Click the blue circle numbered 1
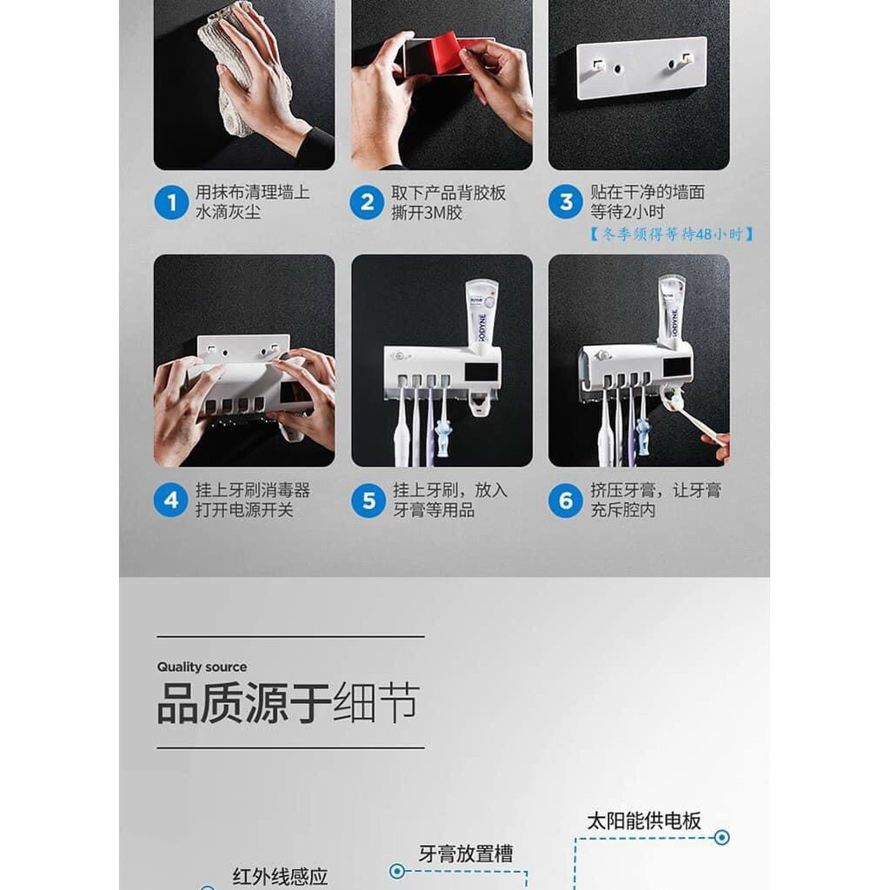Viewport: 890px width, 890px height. tap(171, 202)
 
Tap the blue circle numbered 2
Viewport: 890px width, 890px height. tap(368, 202)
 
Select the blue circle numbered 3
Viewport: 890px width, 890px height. tap(566, 202)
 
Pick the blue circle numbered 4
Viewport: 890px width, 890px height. tap(171, 500)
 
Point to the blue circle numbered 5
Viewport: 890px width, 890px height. tap(369, 500)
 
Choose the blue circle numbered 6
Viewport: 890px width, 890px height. tap(565, 500)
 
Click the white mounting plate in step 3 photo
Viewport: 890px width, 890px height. tap(641, 68)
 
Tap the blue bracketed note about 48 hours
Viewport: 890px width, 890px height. tap(671, 234)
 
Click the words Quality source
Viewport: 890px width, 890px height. tap(202, 667)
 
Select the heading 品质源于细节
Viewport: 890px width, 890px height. tap(289, 702)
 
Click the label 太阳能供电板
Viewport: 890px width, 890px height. tap(644, 820)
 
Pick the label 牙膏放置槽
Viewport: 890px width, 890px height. tap(466, 853)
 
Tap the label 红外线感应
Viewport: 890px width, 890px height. tap(280, 877)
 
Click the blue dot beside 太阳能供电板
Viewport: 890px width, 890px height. tap(722, 837)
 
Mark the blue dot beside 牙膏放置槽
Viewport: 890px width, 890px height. tap(397, 871)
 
